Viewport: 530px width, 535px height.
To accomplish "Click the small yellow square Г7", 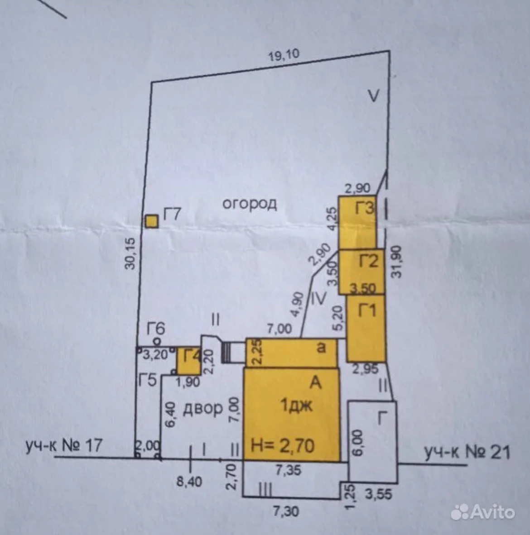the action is (151, 221).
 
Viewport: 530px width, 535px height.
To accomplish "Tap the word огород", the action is (249, 204).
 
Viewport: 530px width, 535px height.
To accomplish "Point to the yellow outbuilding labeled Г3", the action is (357, 222).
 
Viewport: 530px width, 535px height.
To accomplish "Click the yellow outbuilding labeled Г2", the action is (361, 271).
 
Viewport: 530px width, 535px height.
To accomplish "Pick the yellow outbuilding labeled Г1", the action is (366, 328).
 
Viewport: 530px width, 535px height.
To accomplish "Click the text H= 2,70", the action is (283, 446).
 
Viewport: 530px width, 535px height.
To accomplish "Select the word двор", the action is (202, 409).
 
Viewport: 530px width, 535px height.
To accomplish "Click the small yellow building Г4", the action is (187, 360).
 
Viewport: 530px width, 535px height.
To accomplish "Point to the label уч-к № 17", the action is (63, 446).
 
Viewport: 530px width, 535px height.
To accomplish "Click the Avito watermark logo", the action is (483, 512).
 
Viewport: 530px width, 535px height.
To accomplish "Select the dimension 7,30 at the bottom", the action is (285, 511).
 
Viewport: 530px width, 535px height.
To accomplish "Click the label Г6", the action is (156, 328).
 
